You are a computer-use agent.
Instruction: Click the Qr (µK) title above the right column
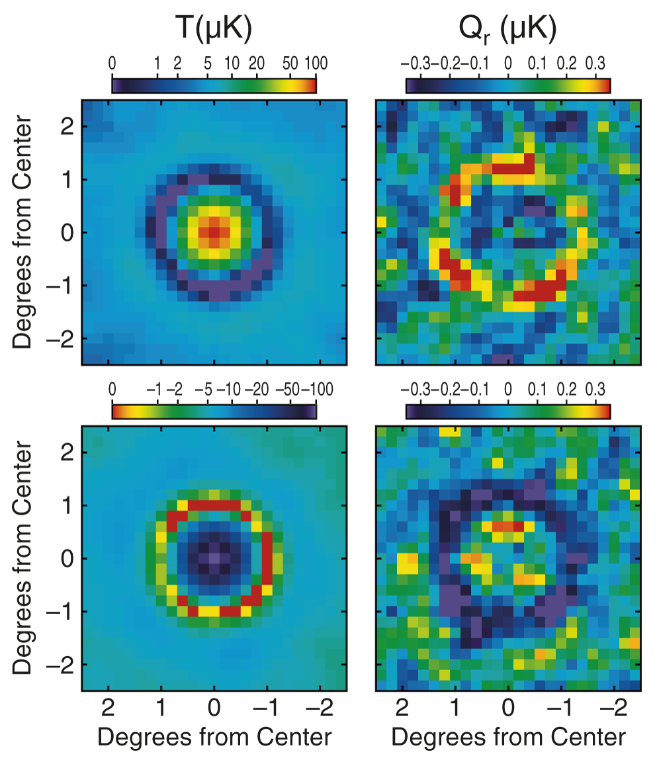[507, 29]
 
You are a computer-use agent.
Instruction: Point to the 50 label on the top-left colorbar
[289, 64]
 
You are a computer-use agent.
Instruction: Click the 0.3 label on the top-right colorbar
[596, 64]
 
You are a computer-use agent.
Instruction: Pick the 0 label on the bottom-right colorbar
[507, 390]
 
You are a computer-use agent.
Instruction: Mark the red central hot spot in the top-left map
[214, 232]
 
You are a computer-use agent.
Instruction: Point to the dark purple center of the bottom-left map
[214, 558]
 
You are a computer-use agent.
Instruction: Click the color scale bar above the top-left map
[214, 85]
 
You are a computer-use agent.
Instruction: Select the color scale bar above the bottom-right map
[507, 411]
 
